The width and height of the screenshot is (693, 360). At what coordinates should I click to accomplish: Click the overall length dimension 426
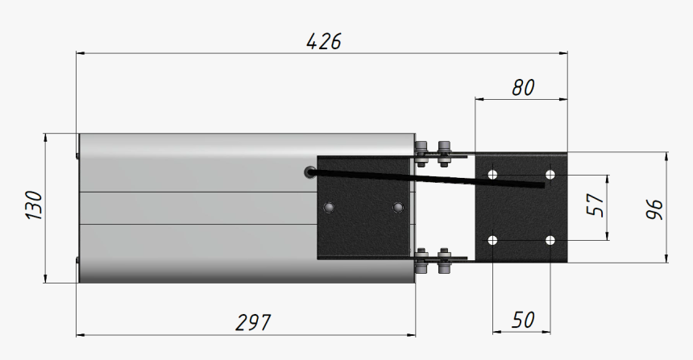click(x=324, y=41)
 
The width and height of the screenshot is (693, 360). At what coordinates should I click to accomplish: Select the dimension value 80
click(x=523, y=88)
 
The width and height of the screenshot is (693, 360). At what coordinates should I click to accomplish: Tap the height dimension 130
click(x=34, y=206)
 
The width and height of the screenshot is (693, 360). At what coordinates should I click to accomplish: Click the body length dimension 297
click(x=253, y=322)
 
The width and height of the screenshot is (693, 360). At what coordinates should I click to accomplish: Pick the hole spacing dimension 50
click(x=523, y=320)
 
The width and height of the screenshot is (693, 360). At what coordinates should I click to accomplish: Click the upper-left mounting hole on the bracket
click(x=493, y=174)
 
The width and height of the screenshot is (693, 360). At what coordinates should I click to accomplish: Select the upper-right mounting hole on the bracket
click(x=550, y=174)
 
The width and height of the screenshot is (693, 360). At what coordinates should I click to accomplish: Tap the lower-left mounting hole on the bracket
click(x=493, y=240)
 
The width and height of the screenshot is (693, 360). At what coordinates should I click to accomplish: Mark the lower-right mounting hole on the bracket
click(x=550, y=240)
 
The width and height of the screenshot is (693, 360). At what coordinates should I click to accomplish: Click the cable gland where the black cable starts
click(x=311, y=172)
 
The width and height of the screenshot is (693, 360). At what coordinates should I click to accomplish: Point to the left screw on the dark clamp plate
click(x=327, y=208)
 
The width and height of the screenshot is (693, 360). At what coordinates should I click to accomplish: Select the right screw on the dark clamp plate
click(x=396, y=208)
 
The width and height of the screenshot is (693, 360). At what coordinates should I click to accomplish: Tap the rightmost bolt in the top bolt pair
click(x=442, y=150)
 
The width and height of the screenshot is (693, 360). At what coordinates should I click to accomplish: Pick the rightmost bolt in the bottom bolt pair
click(x=442, y=261)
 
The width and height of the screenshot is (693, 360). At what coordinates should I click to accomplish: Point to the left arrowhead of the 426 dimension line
click(x=79, y=54)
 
